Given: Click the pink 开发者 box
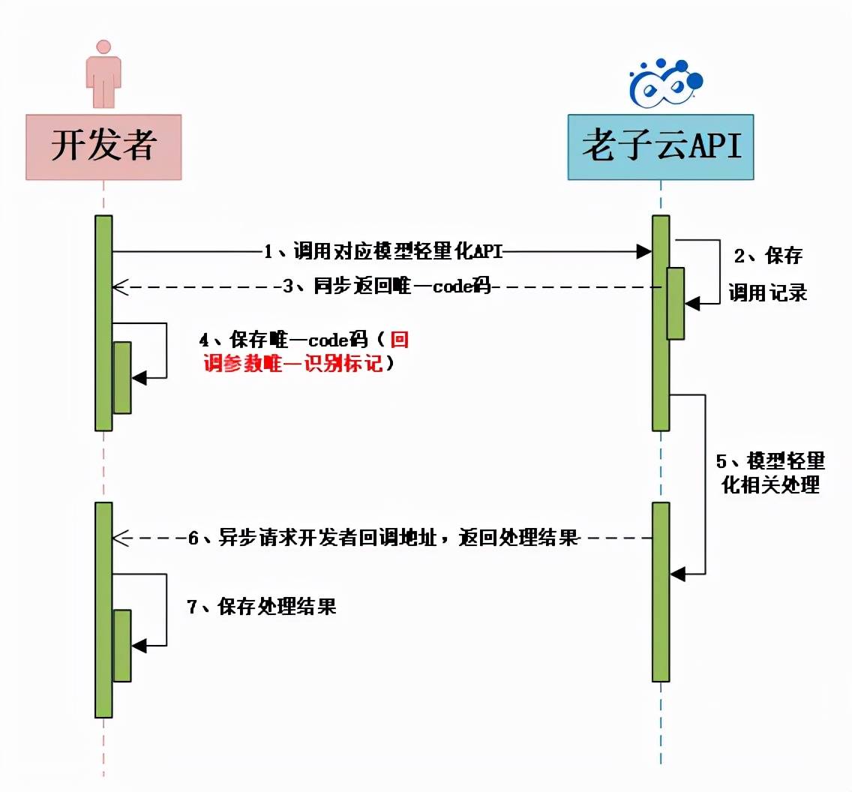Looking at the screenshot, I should [103, 147].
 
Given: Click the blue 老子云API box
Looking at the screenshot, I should [660, 147].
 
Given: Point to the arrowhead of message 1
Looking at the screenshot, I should [644, 253].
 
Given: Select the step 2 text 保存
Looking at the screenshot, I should [768, 256].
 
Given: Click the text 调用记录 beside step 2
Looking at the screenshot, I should [767, 293].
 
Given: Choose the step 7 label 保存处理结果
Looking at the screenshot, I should [261, 607].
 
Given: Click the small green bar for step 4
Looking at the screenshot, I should [122, 377].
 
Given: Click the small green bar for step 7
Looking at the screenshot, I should [122, 645].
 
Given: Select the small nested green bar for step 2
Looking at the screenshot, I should [675, 303].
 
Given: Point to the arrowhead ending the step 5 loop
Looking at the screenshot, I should [677, 574].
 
